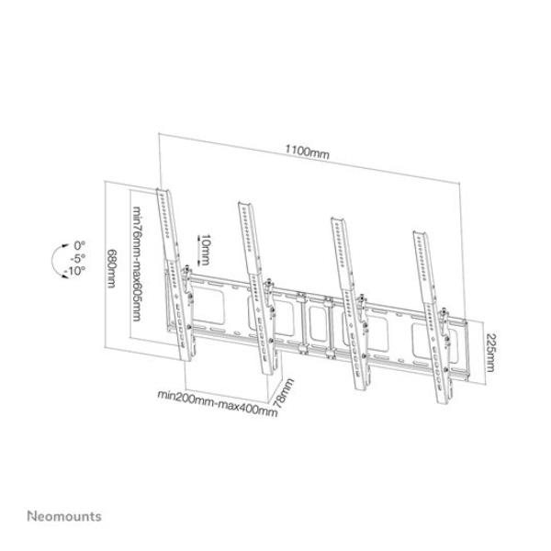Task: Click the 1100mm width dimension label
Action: coord(306,152)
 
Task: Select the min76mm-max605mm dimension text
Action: coord(136,265)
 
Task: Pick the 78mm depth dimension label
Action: coord(288,393)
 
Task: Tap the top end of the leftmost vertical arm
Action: coord(166,194)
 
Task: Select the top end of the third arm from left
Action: coord(336,218)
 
